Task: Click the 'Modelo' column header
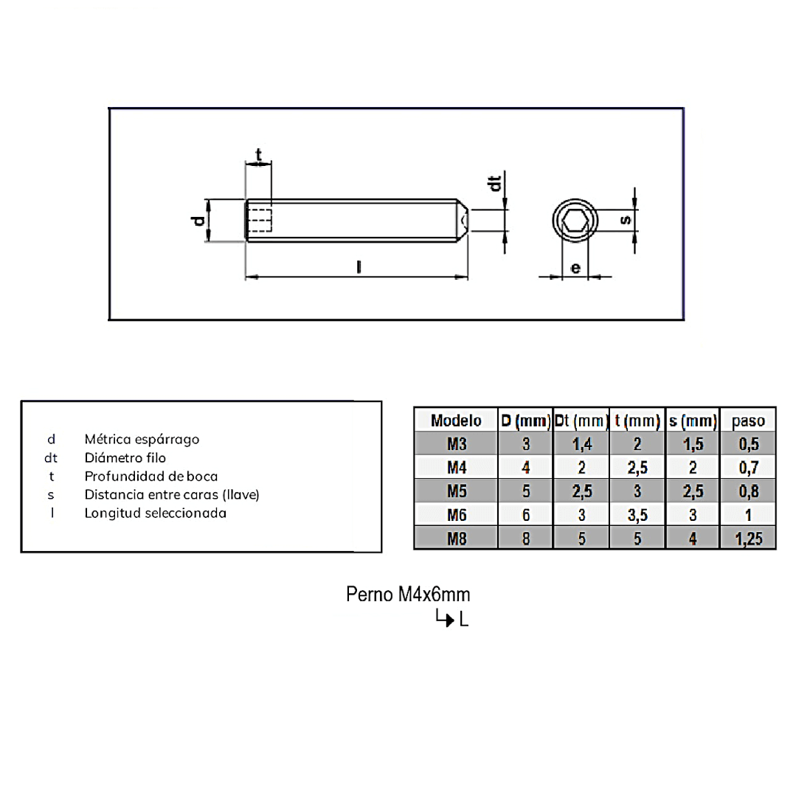click(456, 421)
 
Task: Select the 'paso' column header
click(748, 421)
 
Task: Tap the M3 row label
click(457, 444)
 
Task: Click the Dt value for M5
click(582, 491)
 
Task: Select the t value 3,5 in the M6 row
click(637, 515)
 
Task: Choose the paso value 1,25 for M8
click(748, 539)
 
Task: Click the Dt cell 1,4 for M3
click(582, 444)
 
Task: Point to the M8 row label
click(457, 539)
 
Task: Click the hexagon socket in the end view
click(575, 221)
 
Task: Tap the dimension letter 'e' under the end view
click(575, 268)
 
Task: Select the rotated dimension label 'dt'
click(494, 183)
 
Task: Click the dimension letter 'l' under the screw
click(359, 266)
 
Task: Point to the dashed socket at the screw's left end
click(260, 221)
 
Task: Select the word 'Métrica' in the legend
click(108, 439)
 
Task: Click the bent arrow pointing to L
click(445, 617)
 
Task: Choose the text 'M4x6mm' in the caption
click(434, 594)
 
